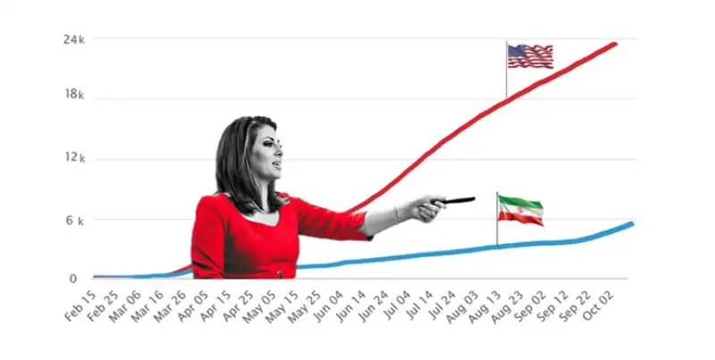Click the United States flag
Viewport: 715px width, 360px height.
[x=530, y=56]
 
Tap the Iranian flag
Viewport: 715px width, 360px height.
[x=520, y=210]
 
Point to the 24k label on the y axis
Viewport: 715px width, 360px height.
[x=74, y=39]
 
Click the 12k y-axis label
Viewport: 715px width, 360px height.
[x=74, y=158]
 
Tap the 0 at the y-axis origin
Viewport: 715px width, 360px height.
[x=74, y=279]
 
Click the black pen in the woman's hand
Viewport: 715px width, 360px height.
[x=458, y=200]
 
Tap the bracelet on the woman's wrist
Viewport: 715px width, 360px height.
[x=396, y=215]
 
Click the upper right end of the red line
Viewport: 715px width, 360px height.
[x=616, y=43]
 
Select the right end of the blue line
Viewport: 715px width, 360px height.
[x=632, y=223]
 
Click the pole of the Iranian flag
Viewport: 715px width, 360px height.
[x=497, y=223]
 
